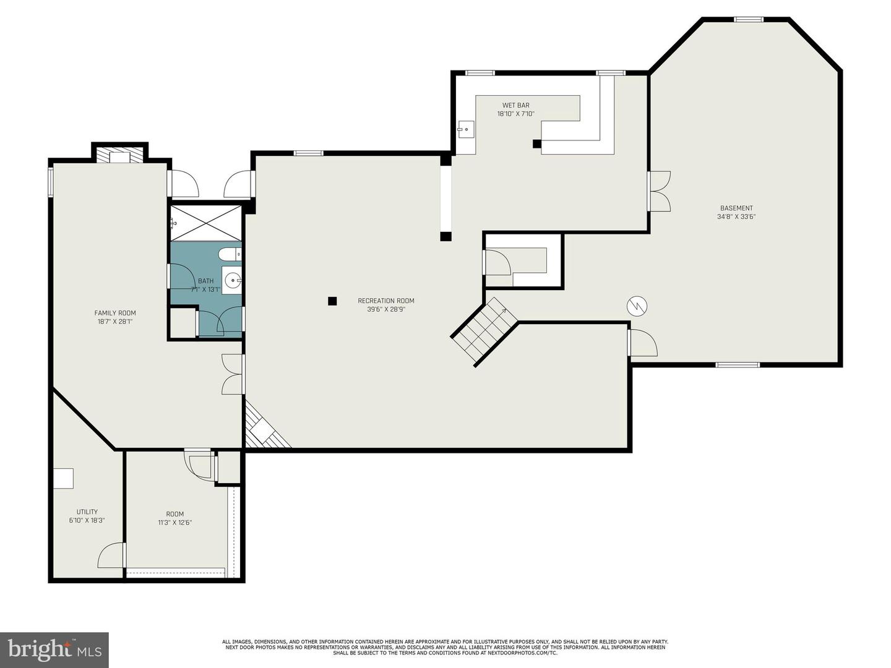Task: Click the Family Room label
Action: point(115,313)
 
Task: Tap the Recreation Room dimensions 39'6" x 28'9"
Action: point(386,309)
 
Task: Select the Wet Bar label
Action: point(515,106)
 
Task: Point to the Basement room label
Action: point(736,208)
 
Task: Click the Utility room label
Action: point(87,512)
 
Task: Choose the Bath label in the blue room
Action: point(205,281)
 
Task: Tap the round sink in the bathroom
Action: point(233,281)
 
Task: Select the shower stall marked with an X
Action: point(205,223)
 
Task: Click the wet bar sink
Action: point(465,129)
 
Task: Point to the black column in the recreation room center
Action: point(332,301)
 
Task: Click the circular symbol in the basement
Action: point(637,305)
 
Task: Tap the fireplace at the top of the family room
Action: point(119,155)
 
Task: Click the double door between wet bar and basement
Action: point(660,191)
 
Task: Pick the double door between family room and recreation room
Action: point(233,374)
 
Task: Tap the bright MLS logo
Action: point(54,649)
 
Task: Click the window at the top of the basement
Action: point(749,19)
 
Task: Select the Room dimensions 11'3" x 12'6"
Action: point(175,523)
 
